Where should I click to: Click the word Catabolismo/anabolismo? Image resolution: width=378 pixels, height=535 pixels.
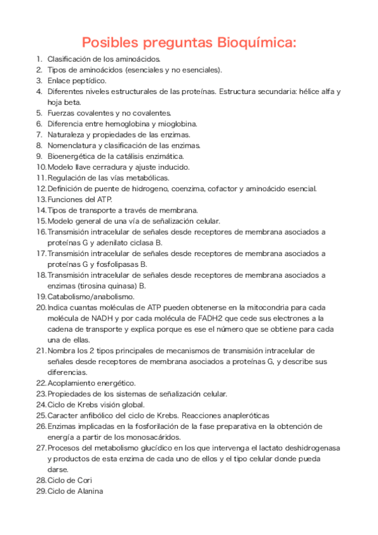[x=90, y=296]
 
